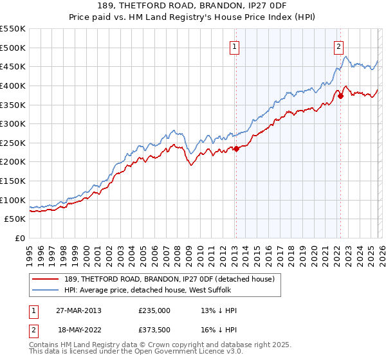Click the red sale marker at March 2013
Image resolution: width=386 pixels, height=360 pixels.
click(236, 148)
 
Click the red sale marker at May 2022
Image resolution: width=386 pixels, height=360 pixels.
click(341, 96)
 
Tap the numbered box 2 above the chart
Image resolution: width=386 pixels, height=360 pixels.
click(338, 46)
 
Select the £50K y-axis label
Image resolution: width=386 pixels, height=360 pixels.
click(15, 219)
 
